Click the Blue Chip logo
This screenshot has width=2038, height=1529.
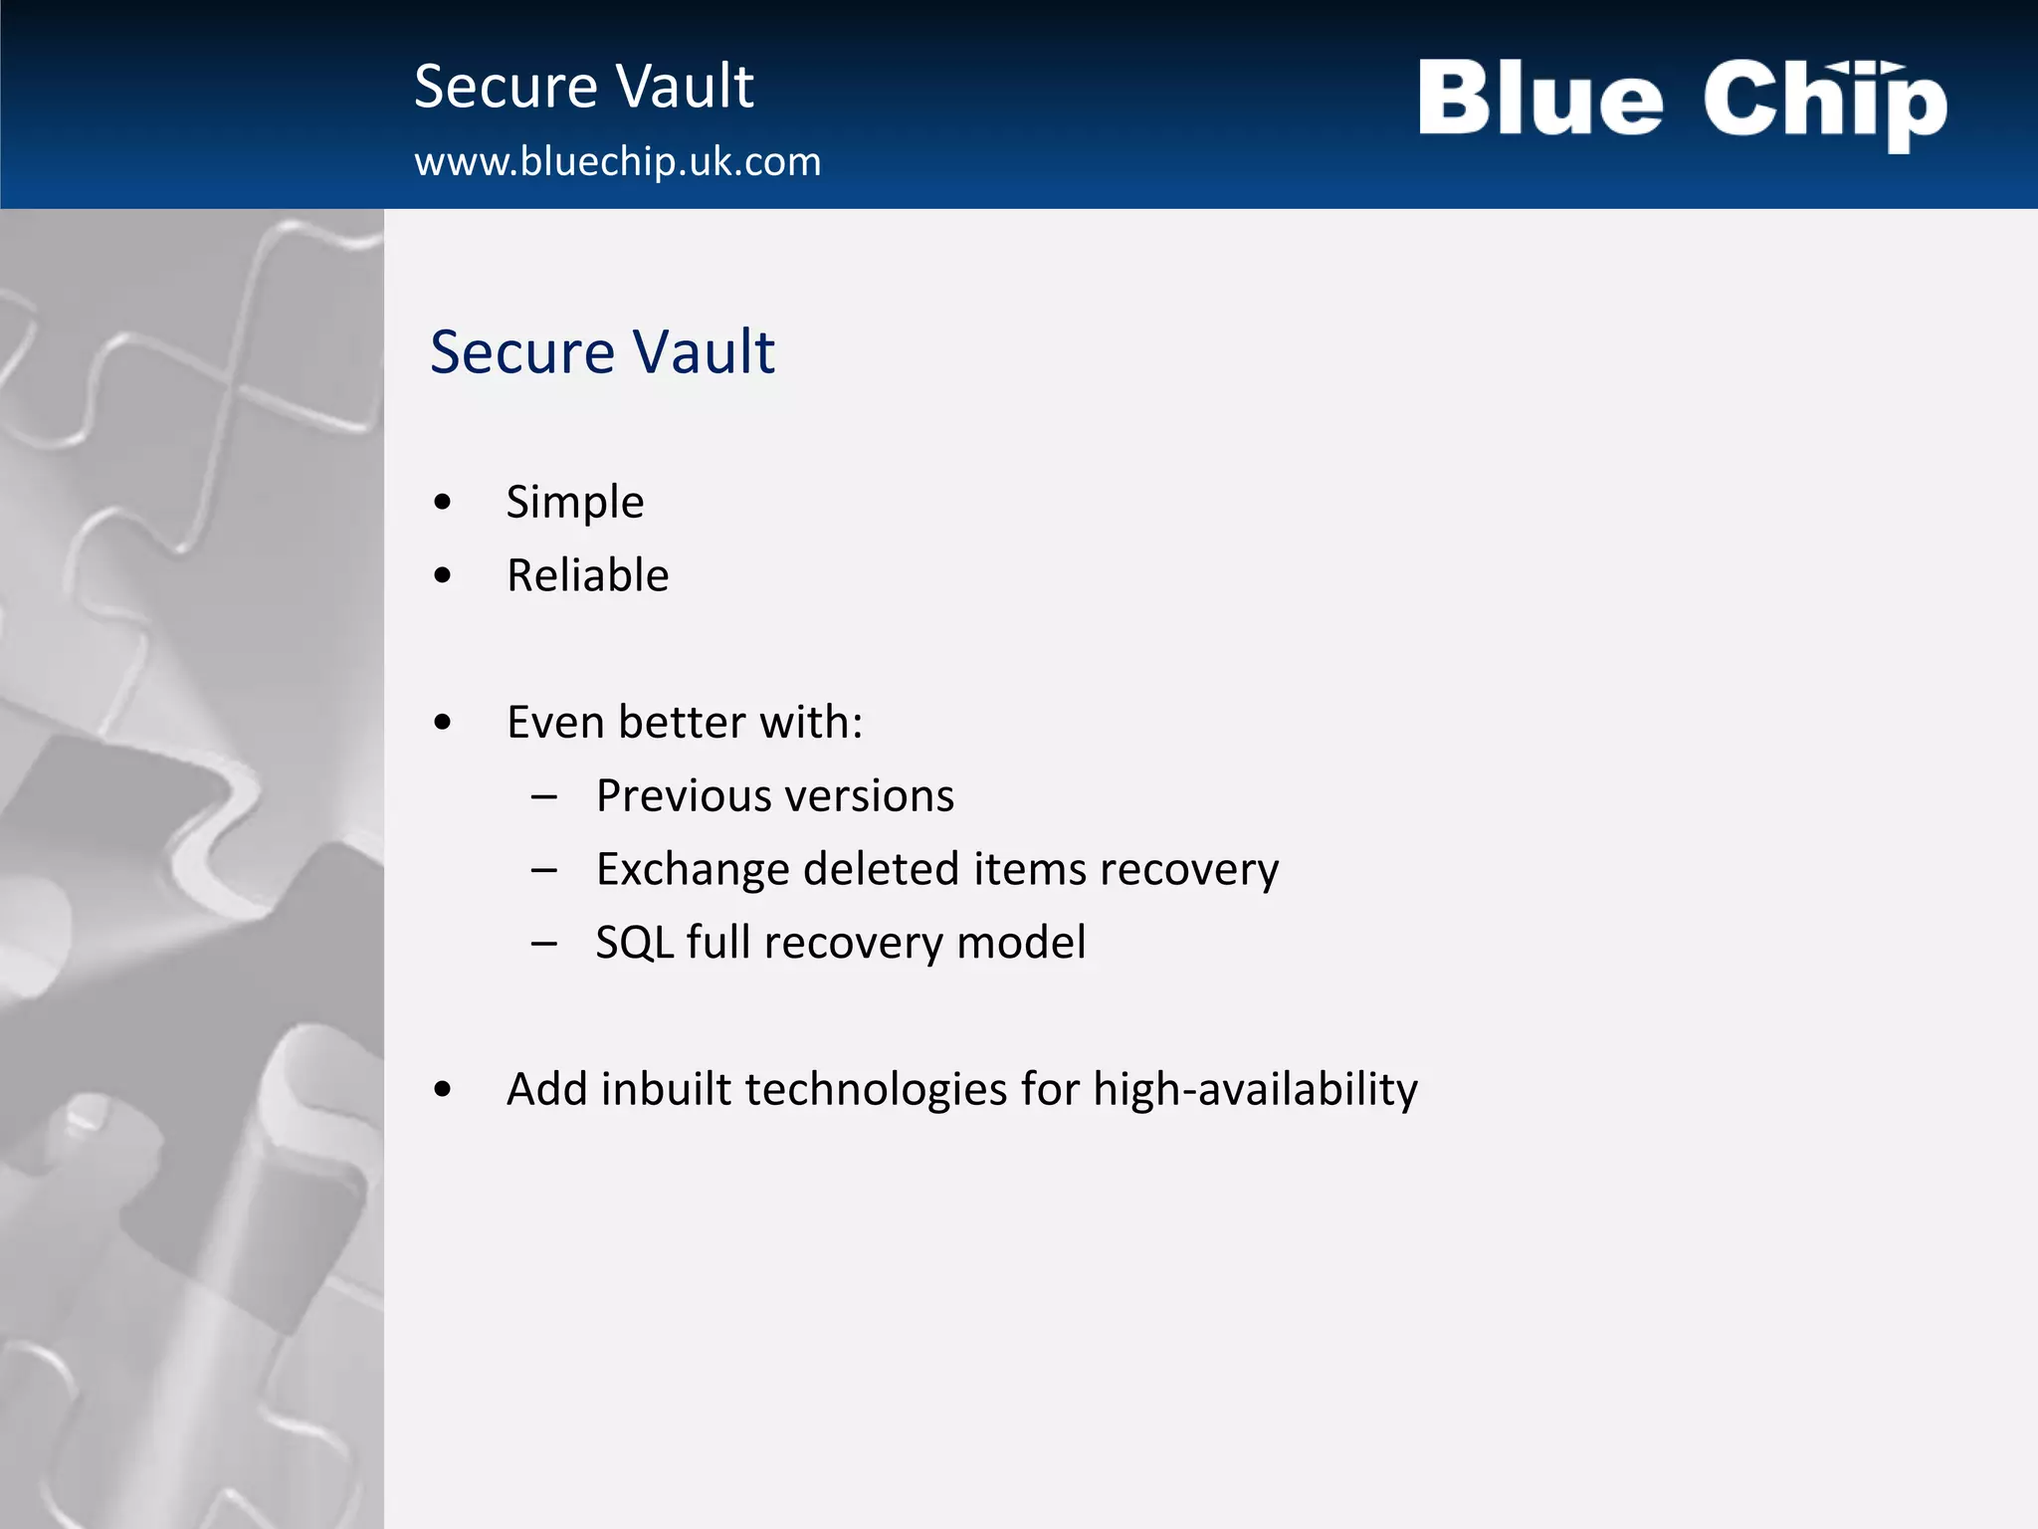pos(1682,103)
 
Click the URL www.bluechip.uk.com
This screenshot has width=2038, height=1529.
pos(617,161)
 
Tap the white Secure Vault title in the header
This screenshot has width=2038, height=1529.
pos(584,87)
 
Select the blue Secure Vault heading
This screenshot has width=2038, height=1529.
pos(602,351)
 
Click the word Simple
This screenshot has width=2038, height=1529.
pos(574,502)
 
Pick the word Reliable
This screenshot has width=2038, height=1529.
pos(587,575)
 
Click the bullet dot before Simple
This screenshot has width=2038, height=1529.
pos(443,502)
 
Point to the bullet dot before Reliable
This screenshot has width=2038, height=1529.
pos(443,575)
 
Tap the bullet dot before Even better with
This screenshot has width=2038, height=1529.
pos(443,723)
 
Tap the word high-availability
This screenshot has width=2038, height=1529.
pos(1255,1089)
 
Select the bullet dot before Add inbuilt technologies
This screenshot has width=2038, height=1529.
pos(443,1089)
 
